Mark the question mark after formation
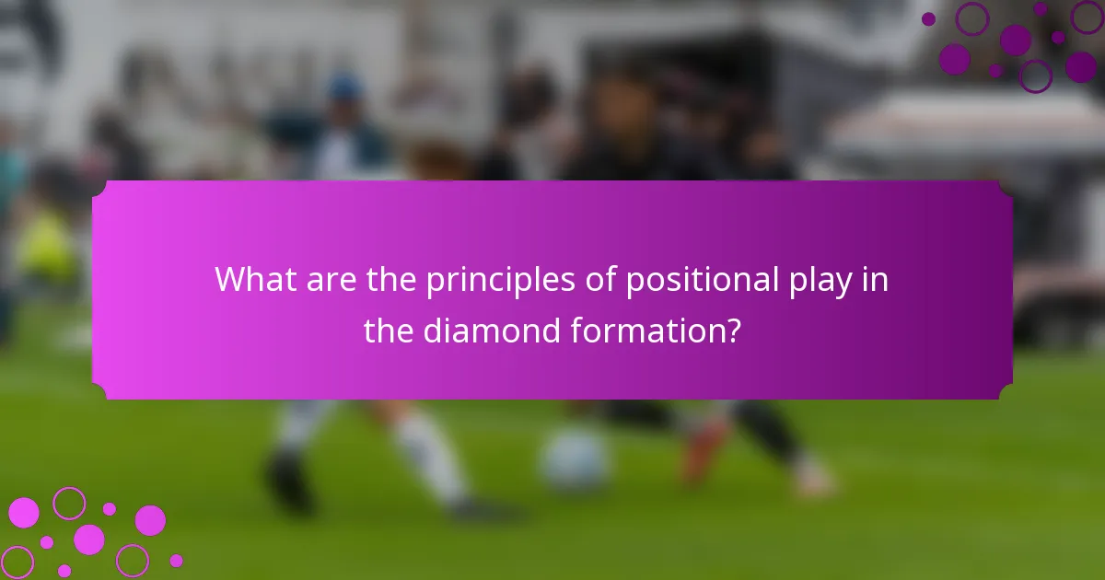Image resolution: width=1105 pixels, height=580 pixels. pyautogui.click(x=732, y=331)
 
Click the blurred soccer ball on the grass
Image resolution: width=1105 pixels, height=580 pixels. pyautogui.click(x=575, y=459)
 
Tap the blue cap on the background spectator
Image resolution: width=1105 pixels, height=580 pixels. pyautogui.click(x=344, y=87)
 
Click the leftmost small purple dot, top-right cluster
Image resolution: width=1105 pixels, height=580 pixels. pyautogui.click(x=928, y=18)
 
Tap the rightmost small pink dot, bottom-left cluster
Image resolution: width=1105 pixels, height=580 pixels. pyautogui.click(x=176, y=561)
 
